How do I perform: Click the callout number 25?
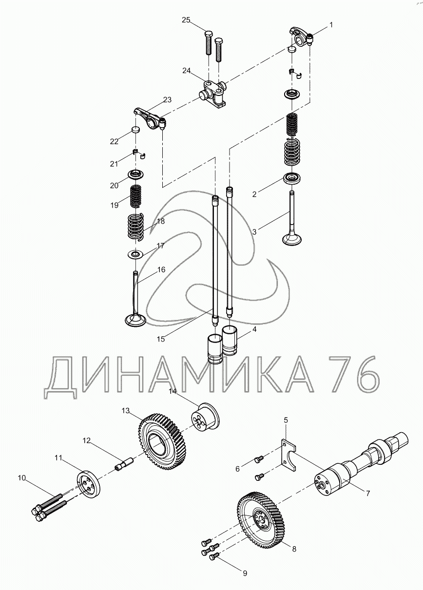point(186,20)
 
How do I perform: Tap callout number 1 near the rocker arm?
point(331,25)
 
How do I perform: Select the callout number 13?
point(126,411)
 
